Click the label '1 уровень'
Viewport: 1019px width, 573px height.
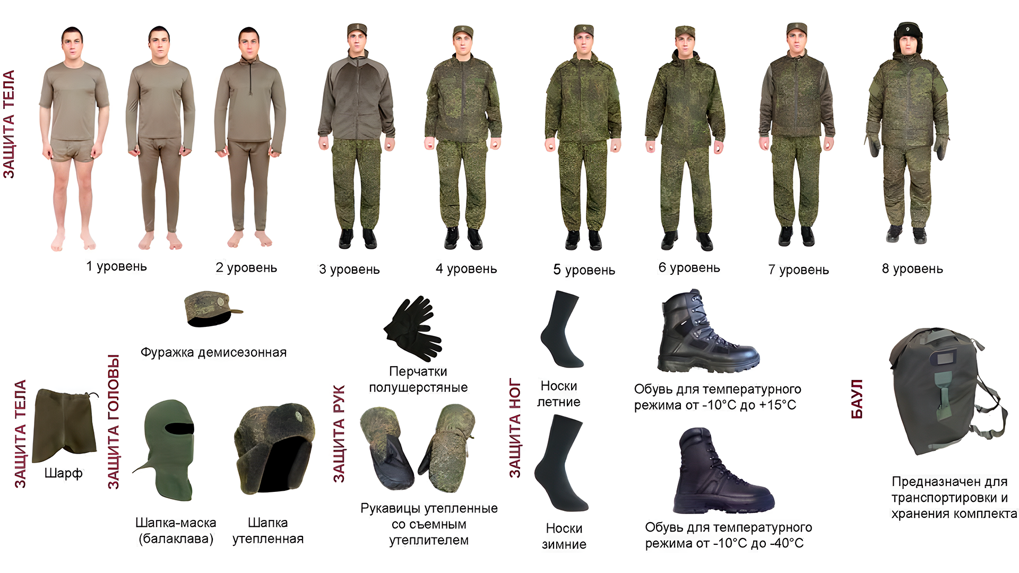coord(117,266)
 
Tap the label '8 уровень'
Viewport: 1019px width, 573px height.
coord(912,268)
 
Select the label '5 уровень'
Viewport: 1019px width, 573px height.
coord(584,270)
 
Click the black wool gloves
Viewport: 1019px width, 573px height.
coord(412,328)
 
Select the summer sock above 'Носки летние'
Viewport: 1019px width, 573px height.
coord(561,329)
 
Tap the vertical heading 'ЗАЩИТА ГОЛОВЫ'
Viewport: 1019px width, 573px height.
coord(113,422)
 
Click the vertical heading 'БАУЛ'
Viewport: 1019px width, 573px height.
coord(857,399)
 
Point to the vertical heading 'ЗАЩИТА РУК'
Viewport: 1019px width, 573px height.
coord(339,434)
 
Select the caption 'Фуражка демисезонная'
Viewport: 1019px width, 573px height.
coord(213,352)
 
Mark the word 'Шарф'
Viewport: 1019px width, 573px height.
coord(63,473)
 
